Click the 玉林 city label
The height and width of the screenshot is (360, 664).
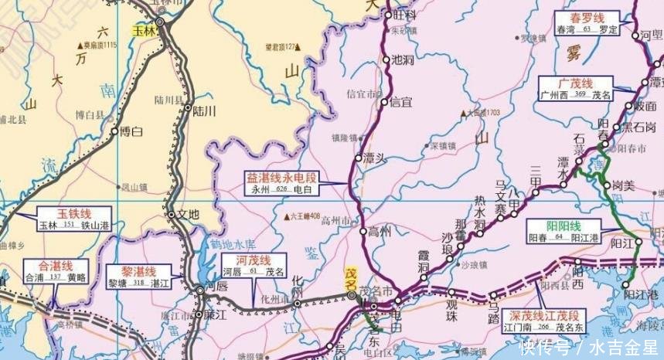pyautogui.click(x=145, y=32)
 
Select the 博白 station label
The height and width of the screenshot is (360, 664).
pyautogui.click(x=131, y=132)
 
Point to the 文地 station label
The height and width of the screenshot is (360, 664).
pyautogui.click(x=188, y=213)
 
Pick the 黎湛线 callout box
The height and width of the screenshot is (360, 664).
pyautogui.click(x=140, y=277)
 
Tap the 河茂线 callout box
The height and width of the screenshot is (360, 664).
pyautogui.click(x=253, y=266)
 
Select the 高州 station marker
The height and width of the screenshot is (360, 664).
pyautogui.click(x=362, y=230)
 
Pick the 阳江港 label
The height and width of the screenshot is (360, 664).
pyautogui.click(x=641, y=294)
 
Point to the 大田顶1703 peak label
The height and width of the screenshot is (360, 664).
pyautogui.click(x=483, y=114)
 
